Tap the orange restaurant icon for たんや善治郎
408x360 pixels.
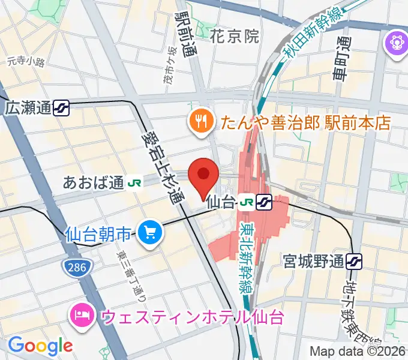199,122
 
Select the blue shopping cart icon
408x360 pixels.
148,233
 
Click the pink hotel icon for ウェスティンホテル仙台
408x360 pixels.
80,314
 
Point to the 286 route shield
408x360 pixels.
74,263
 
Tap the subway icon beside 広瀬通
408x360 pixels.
61,109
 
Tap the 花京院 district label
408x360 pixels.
235,37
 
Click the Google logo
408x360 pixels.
41,345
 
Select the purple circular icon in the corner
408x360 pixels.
396,44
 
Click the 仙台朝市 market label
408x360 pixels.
98,232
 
